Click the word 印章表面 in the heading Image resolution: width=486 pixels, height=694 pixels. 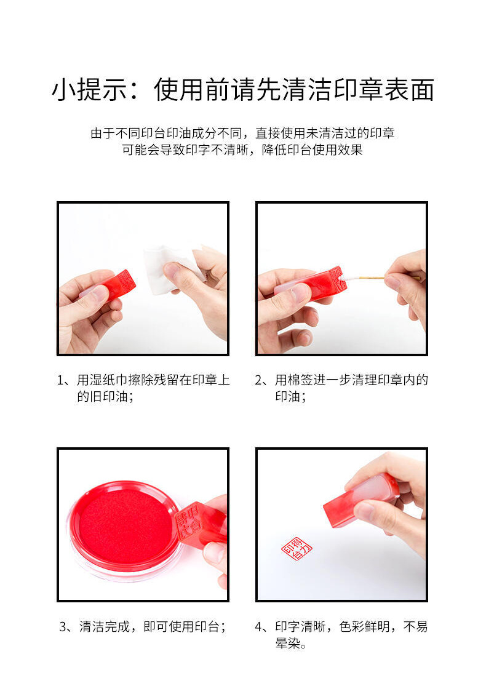[383, 89]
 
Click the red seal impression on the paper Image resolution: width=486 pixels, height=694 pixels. [297, 549]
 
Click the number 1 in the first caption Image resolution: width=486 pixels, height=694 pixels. [61, 380]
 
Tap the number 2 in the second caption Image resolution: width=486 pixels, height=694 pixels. [259, 380]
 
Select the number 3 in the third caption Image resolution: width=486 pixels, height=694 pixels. [63, 626]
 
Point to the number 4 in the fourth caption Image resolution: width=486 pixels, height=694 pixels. [259, 626]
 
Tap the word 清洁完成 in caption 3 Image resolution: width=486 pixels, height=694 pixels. [105, 626]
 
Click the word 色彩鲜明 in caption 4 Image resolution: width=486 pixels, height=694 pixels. [364, 626]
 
